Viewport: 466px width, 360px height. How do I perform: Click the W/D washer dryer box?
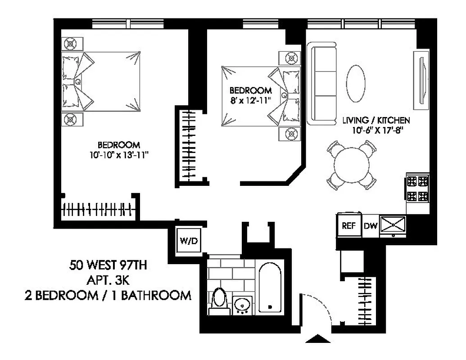tap(189, 241)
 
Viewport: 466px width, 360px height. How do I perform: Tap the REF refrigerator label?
tap(348, 226)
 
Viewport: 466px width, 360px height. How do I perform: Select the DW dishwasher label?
tap(370, 226)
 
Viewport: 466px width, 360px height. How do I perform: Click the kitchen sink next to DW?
tap(393, 225)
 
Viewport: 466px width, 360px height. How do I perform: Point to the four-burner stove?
tap(417, 189)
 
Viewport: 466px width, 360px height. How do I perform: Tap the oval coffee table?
tap(356, 83)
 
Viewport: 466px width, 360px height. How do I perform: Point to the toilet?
tap(219, 299)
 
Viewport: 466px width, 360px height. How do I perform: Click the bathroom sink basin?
tap(243, 305)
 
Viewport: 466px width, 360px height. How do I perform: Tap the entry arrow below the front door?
tap(318, 339)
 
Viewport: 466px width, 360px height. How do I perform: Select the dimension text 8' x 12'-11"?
tap(250, 99)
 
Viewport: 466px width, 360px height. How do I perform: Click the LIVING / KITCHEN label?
tap(376, 121)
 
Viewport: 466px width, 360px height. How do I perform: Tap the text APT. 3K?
tap(108, 280)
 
